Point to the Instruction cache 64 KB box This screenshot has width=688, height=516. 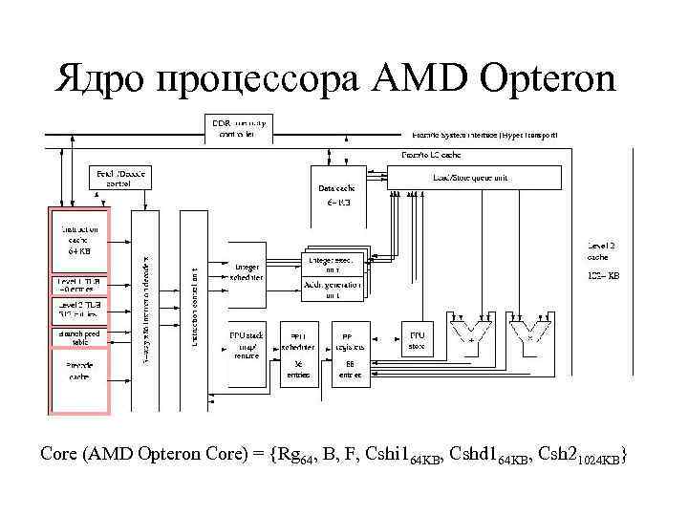[x=79, y=241]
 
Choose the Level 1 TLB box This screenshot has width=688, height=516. [x=79, y=286]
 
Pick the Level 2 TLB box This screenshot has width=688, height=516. [x=79, y=310]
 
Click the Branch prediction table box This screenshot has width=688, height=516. [x=79, y=336]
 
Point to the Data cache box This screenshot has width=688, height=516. [x=336, y=195]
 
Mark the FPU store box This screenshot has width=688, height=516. [x=418, y=341]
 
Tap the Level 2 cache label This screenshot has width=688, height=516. [x=601, y=252]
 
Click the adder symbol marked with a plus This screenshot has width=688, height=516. [x=470, y=336]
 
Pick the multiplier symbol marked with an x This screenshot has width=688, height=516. [x=529, y=336]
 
